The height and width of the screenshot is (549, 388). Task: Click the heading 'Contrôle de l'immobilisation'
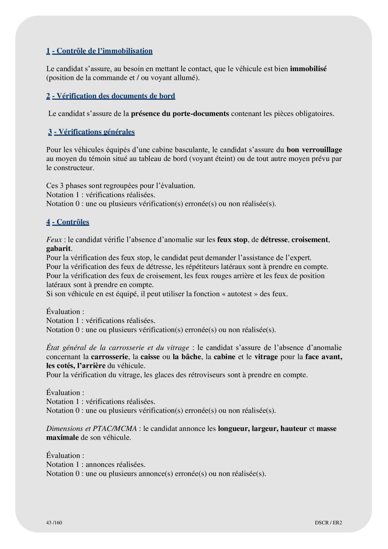(x=104, y=51)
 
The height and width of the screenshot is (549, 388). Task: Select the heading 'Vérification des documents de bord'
(x=116, y=96)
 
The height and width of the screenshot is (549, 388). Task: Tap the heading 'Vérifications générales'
(x=96, y=132)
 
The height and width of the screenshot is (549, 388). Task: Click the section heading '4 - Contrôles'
(x=68, y=222)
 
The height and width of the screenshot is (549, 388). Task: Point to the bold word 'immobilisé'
(x=308, y=69)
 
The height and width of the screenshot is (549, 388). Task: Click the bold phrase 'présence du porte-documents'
(x=180, y=114)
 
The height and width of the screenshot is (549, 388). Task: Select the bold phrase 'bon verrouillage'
(x=314, y=150)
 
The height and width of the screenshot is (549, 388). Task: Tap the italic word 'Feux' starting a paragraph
(x=54, y=240)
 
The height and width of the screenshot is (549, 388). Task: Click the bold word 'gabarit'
(x=58, y=249)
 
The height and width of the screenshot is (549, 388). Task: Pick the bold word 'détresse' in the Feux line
(x=274, y=240)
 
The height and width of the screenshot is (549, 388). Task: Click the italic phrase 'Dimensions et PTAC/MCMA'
(x=92, y=429)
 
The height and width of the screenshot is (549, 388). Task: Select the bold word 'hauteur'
(x=293, y=429)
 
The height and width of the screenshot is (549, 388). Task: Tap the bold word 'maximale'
(x=62, y=438)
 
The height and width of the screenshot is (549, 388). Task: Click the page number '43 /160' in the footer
(x=54, y=523)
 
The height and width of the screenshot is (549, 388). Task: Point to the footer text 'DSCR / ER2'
(x=328, y=523)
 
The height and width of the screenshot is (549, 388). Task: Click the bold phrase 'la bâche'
(x=187, y=357)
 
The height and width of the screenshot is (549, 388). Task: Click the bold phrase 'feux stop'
(x=232, y=240)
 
